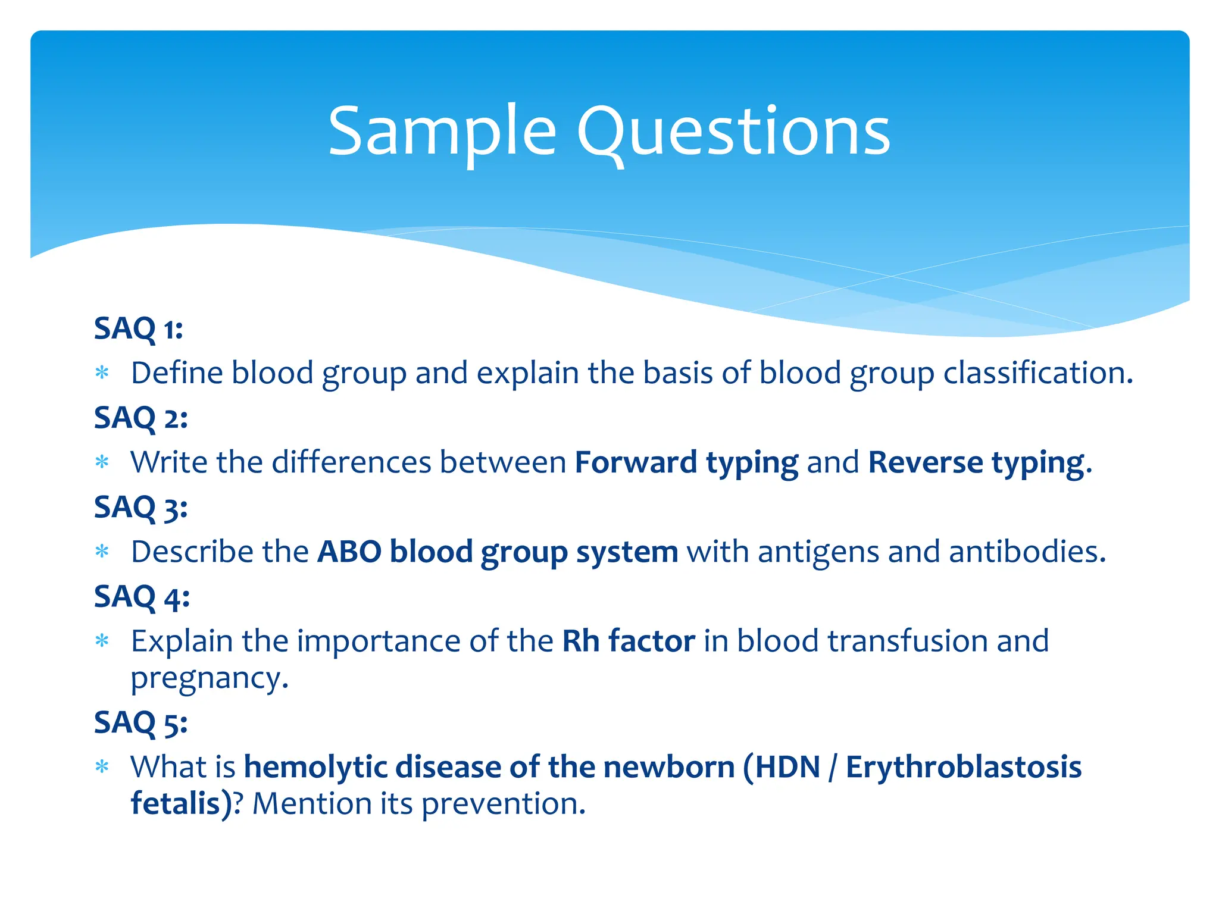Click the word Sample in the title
442,132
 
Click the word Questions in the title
733,132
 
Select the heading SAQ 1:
138,328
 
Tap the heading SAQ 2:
140,418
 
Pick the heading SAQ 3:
140,508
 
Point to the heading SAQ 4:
142,597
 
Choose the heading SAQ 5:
140,723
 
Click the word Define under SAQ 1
176,373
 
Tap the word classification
1037,373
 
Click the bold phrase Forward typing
686,463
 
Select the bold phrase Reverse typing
979,463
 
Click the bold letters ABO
349,552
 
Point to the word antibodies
1027,552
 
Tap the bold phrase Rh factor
629,641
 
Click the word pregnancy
209,678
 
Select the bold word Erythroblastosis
963,767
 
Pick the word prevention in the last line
503,804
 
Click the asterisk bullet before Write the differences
102,462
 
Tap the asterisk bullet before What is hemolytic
102,767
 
